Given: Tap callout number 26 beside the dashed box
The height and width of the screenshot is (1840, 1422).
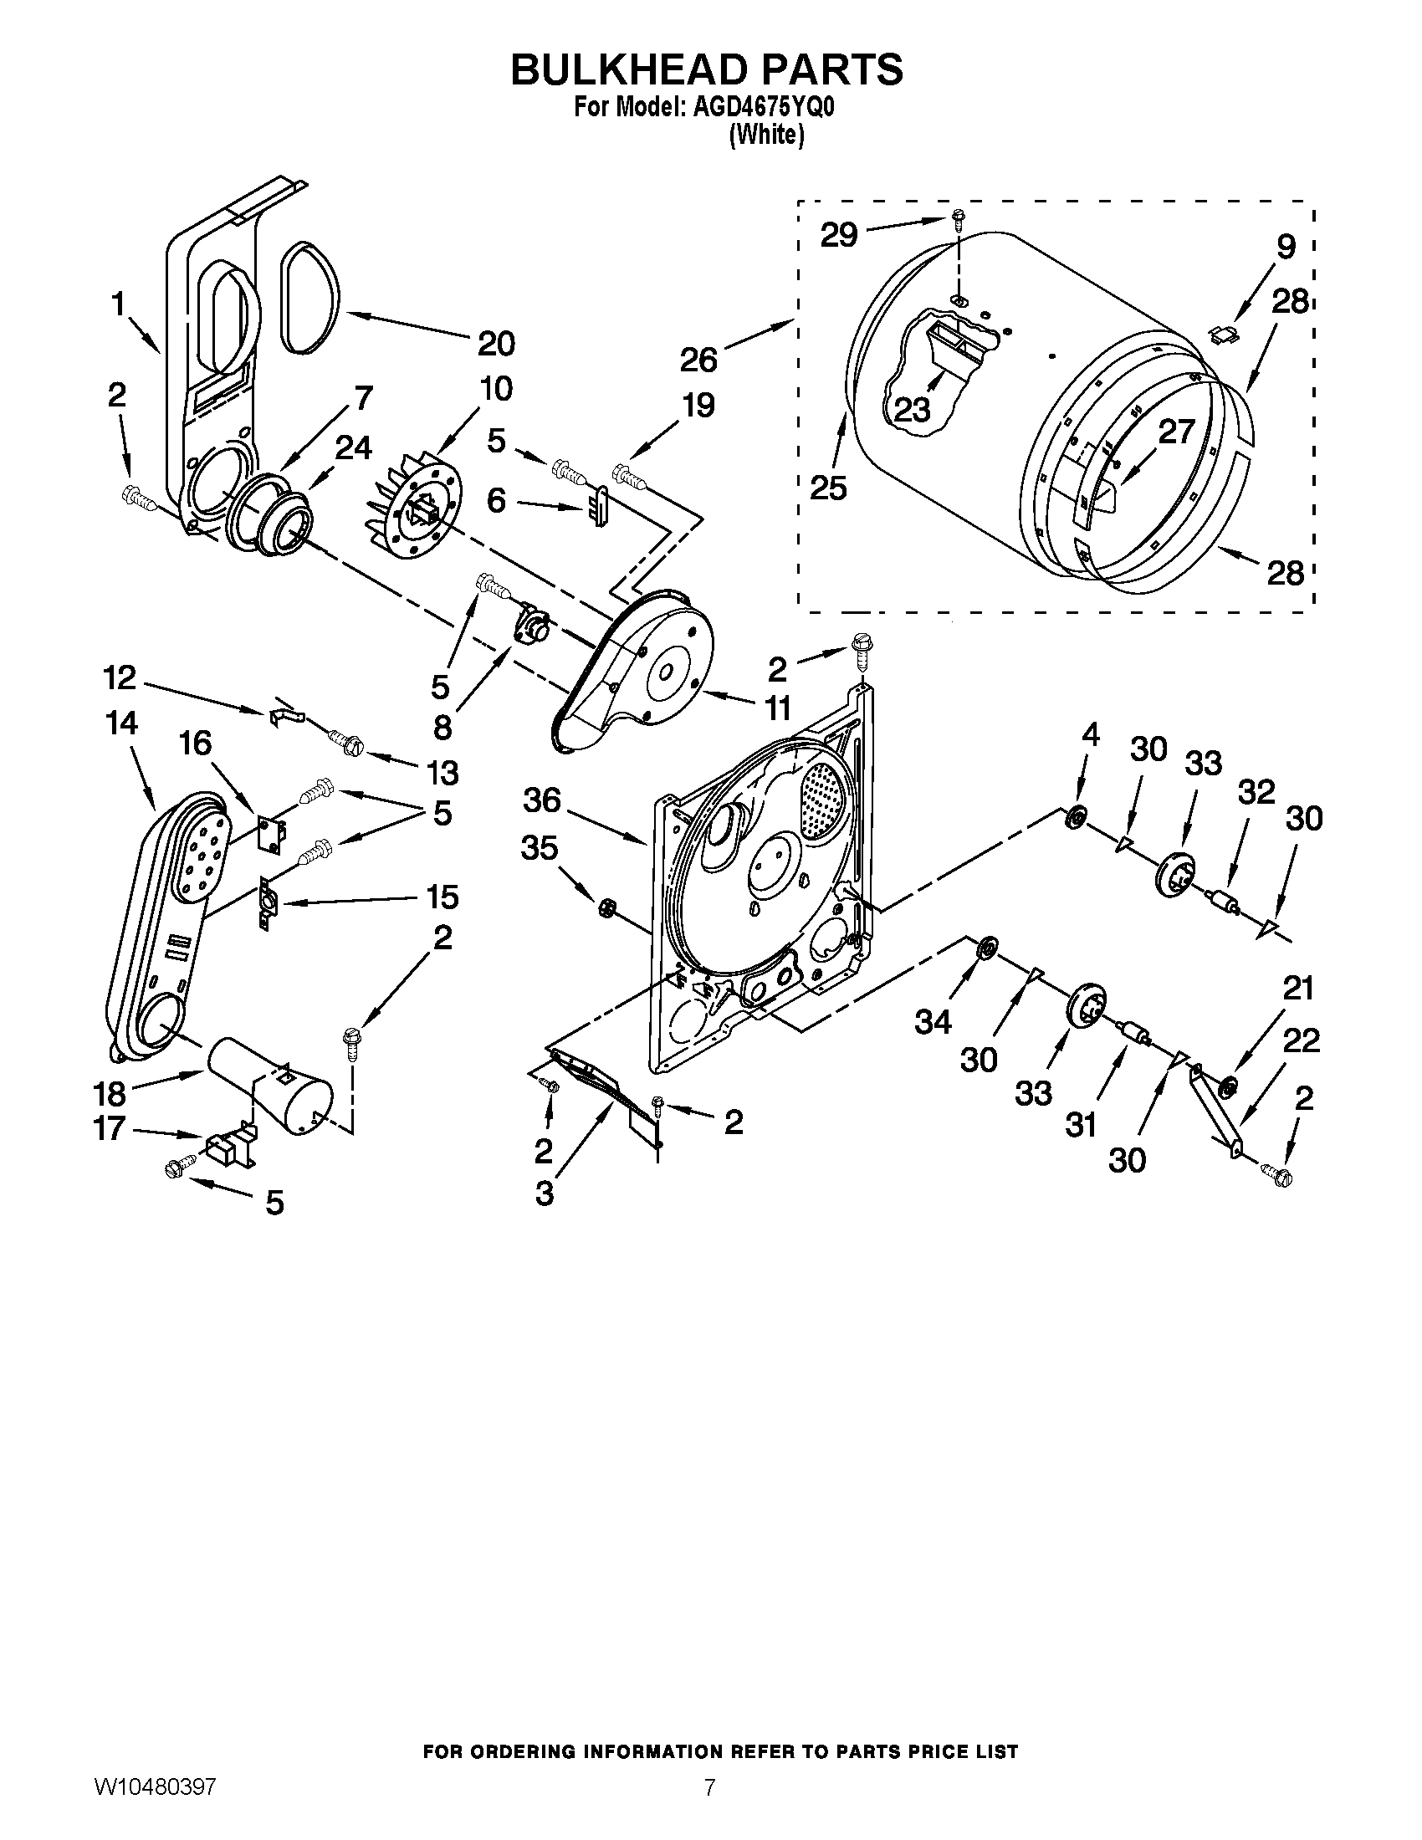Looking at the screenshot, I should (698, 360).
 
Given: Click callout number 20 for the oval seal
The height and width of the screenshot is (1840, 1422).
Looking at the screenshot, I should (496, 344).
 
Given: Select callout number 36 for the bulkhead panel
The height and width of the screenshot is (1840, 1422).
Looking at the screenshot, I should (541, 800).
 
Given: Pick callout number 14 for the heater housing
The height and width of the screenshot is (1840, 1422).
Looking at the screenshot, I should (122, 723).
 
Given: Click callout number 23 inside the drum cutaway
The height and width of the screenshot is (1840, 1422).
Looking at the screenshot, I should (911, 411).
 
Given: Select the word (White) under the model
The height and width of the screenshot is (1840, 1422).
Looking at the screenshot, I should (765, 134).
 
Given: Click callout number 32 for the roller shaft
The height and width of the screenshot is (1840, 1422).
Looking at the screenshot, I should (1256, 792).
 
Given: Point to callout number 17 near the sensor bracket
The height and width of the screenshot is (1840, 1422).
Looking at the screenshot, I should (110, 1127).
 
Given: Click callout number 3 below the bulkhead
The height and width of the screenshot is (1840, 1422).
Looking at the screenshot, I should (545, 1193).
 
